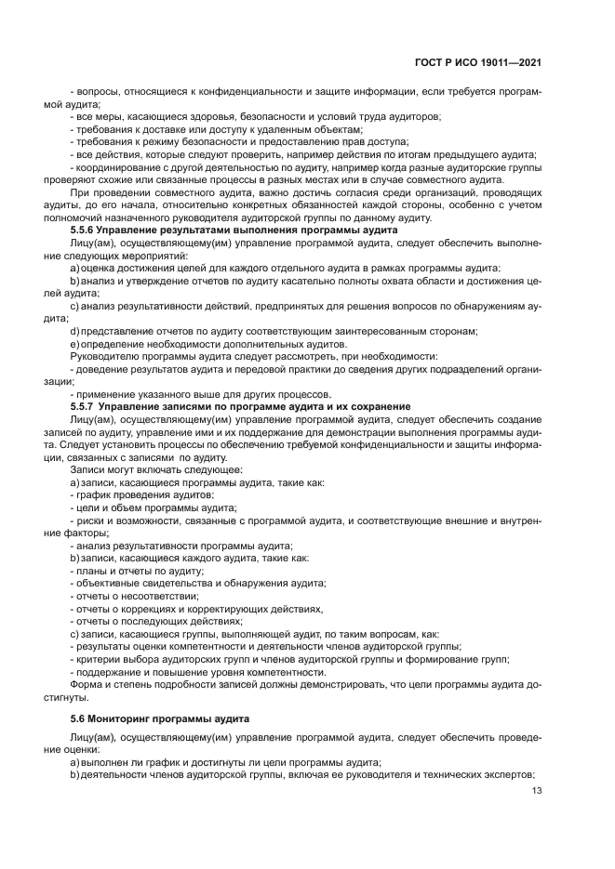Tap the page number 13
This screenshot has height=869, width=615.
coord(537,791)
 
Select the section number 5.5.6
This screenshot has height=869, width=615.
coord(88,230)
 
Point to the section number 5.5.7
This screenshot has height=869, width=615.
coord(88,407)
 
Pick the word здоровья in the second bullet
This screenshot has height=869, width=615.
coord(207,116)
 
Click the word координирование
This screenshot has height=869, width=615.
coord(115,167)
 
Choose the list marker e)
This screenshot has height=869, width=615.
coord(74,344)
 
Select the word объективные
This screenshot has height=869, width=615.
coord(108,584)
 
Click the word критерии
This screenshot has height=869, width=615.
coord(97,660)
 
